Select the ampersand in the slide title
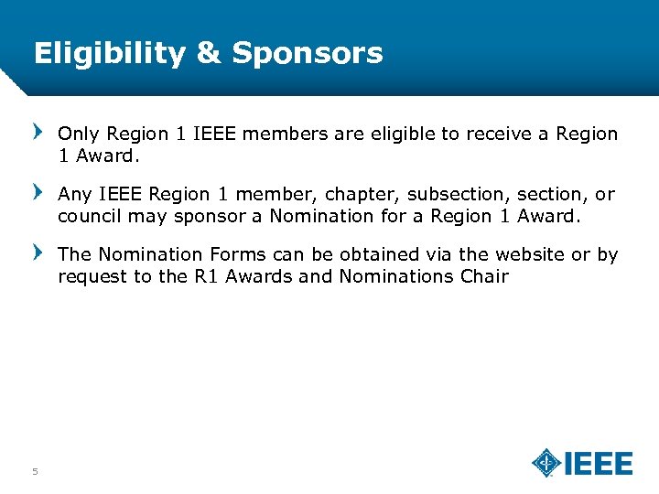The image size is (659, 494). coord(209,53)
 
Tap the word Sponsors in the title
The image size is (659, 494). coord(308,53)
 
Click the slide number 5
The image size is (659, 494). coord(35,472)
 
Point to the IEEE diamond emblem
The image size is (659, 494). coord(546,463)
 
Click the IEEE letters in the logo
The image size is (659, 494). coord(599,464)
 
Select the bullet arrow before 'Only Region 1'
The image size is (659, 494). coord(38,133)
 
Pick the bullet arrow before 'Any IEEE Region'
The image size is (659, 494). coord(38,193)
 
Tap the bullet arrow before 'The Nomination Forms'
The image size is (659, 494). coord(38,253)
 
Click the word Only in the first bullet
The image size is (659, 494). coord(77,134)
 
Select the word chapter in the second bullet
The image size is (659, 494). coord(366,195)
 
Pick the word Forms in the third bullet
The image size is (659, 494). coord(241,255)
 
